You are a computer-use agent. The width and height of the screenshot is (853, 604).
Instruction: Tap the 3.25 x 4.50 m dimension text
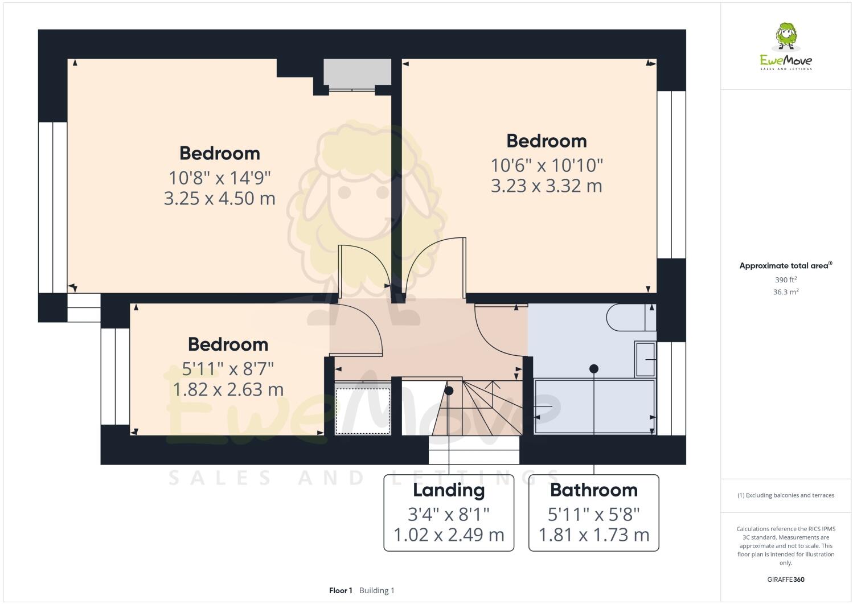tap(220, 198)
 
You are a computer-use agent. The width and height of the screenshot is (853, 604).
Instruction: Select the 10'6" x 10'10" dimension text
tap(547, 165)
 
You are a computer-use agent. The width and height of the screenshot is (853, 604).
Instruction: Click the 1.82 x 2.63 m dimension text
tap(228, 389)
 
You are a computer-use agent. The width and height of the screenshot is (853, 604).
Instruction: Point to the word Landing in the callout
tap(449, 490)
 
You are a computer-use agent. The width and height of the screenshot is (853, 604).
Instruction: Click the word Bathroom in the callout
tap(593, 490)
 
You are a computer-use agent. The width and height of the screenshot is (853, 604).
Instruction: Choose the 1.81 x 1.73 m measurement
tap(593, 535)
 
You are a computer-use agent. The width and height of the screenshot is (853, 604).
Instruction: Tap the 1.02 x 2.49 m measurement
tap(449, 535)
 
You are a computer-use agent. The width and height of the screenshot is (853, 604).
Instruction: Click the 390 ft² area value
tap(786, 280)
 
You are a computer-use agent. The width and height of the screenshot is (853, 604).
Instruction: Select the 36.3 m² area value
tap(786, 292)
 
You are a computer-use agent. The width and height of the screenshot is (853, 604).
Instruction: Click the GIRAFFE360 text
tap(786, 580)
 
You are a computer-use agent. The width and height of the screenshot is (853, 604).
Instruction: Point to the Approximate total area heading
tap(785, 265)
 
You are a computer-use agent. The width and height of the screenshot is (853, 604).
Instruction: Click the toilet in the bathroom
tap(630, 318)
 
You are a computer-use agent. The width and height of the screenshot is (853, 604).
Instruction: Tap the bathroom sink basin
tap(645, 359)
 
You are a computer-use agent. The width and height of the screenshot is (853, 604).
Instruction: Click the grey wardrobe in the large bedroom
tap(357, 73)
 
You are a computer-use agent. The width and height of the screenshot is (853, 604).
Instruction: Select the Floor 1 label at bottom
tap(341, 590)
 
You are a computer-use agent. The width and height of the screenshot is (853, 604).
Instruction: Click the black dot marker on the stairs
tap(449, 391)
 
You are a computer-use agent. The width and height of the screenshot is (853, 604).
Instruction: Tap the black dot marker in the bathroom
tap(594, 369)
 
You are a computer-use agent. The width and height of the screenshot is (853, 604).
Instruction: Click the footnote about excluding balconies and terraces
tap(786, 495)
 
